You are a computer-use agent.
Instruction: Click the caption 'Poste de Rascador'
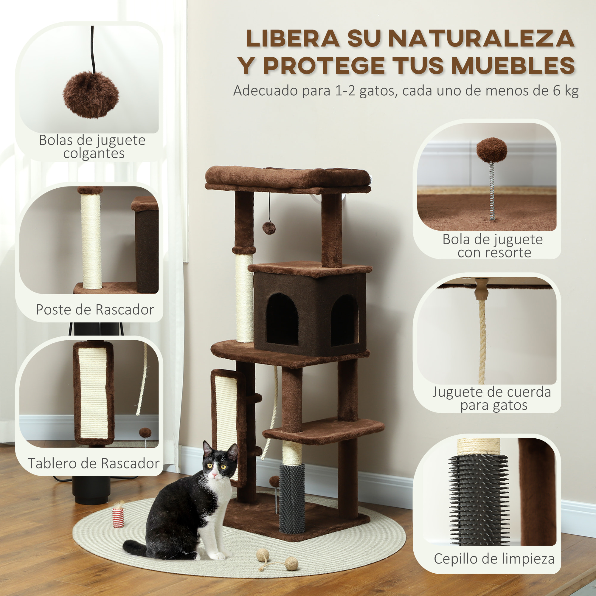[95, 310]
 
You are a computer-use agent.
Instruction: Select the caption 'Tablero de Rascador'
[94, 463]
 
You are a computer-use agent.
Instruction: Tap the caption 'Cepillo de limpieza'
[494, 559]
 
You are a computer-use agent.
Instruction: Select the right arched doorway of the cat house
[344, 321]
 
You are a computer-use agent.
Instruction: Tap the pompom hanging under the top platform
[269, 228]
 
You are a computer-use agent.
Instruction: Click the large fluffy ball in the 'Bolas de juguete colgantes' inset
[91, 95]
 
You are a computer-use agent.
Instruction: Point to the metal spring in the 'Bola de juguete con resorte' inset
[492, 191]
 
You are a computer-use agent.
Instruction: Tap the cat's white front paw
[218, 556]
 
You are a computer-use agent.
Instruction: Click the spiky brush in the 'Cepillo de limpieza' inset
[479, 500]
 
